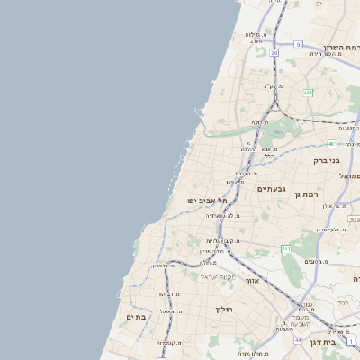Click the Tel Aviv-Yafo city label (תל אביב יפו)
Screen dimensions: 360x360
203,200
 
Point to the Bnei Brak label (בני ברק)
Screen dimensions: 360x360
326,161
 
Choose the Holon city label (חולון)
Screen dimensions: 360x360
223,310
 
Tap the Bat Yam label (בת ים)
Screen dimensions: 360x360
136,317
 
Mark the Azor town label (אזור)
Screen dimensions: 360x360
252,281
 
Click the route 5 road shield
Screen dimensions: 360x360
298,44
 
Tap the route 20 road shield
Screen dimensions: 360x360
274,53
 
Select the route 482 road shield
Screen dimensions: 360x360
308,92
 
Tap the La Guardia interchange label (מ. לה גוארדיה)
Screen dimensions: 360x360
221,216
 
